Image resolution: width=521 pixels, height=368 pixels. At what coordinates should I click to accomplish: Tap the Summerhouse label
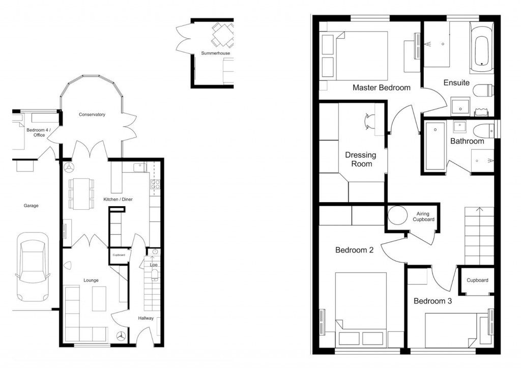(215, 53)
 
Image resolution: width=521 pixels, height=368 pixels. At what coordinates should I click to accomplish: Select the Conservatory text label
(92, 115)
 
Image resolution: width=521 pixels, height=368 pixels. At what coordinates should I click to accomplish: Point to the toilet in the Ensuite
(483, 91)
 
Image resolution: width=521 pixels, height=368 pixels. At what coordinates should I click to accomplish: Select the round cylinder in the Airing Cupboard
(397, 216)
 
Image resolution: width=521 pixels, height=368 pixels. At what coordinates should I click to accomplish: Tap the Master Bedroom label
(381, 88)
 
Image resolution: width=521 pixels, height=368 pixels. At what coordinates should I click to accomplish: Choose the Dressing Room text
(360, 159)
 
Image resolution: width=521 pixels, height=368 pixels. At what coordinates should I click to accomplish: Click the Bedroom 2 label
(355, 250)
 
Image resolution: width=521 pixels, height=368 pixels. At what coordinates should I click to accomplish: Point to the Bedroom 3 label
(432, 301)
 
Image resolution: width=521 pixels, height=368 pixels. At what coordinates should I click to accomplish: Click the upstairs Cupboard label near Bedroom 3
(477, 280)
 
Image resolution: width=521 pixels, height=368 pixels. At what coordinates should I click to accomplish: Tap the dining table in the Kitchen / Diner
(81, 193)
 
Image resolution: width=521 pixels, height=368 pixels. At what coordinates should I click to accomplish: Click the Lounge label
(91, 280)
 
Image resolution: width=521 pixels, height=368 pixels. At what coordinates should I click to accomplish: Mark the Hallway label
(146, 318)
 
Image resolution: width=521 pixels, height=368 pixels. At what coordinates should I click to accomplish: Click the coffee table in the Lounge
(99, 298)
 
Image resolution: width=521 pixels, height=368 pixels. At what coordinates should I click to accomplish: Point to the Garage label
(31, 206)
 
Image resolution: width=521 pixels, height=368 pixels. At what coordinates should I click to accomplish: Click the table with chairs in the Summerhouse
(222, 33)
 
